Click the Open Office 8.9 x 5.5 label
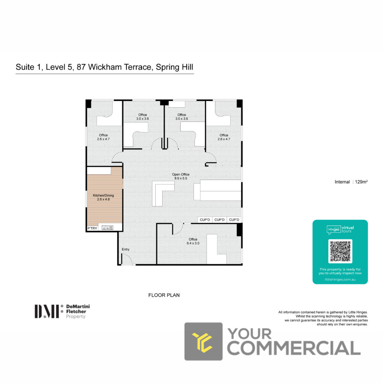[180, 176]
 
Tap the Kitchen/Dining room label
[103, 197]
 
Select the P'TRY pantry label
[92, 229]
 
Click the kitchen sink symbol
[107, 228]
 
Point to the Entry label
[125, 249]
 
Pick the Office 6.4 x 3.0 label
[193, 241]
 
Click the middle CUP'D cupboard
[219, 220]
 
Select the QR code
[340, 251]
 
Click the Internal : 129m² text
[351, 182]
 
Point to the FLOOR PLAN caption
[164, 295]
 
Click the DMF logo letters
[47, 311]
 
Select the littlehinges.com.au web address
[340, 280]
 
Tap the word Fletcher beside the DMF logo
[76, 312]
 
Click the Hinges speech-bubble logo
[334, 229]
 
